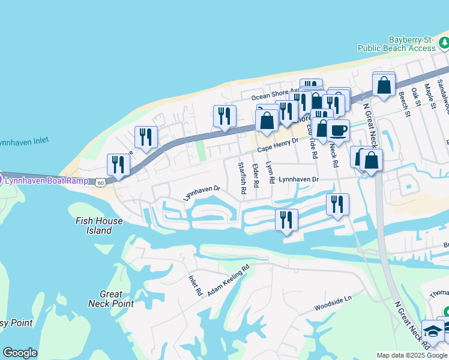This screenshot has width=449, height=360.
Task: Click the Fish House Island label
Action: pos(99,226)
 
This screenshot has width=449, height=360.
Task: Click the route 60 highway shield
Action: pos(100,181)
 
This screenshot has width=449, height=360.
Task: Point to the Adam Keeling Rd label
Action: pos(228,281)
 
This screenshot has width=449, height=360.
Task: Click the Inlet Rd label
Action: pos(195,285)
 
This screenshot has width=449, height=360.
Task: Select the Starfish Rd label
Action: pos(241,178)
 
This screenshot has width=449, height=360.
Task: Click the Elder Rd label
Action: pos(256,175)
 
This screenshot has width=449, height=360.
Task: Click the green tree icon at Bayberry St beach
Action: pos(444,43)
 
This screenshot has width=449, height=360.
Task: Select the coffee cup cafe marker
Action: pos(338,131)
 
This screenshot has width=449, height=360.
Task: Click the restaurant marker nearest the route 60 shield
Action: pos(118,165)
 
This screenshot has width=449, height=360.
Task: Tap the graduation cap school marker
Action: pos(432,331)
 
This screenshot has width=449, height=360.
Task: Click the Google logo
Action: pos(20,353)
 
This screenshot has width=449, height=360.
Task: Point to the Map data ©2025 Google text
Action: pos(412,355)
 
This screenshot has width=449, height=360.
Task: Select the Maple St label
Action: pos(430,95)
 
